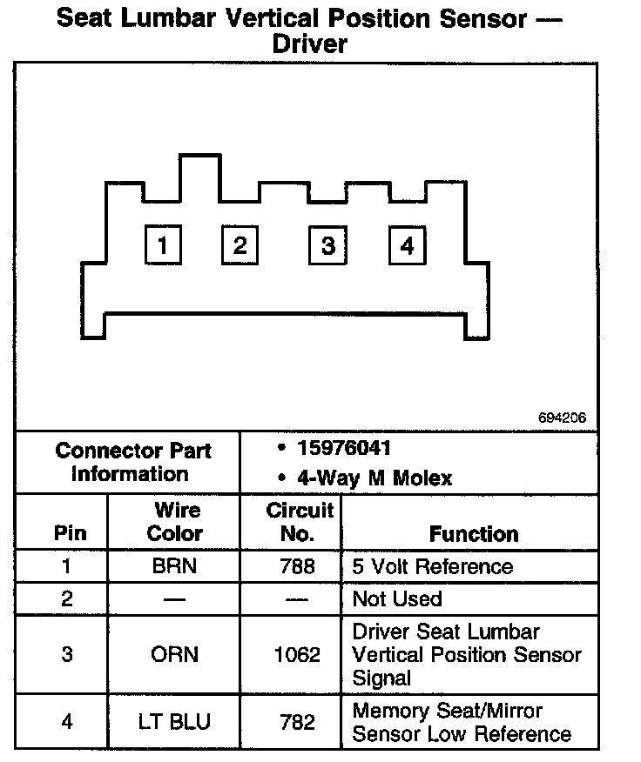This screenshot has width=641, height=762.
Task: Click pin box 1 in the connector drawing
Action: [x=162, y=245]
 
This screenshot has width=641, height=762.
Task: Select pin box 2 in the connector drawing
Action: [x=240, y=245]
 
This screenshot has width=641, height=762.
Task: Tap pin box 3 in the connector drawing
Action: [x=327, y=245]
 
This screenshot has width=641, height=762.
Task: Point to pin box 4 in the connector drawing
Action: [x=407, y=245]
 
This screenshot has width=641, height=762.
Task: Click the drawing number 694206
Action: [x=562, y=418]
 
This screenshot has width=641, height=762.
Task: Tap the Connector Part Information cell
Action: [x=132, y=462]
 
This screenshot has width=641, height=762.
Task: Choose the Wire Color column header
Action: [x=174, y=522]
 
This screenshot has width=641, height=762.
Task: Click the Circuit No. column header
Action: [x=299, y=522]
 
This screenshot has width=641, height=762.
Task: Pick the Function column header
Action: [x=473, y=533]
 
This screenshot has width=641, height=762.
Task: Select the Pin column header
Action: [x=70, y=533]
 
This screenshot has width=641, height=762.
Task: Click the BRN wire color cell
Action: [x=174, y=567]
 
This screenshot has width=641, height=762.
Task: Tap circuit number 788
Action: [x=298, y=567]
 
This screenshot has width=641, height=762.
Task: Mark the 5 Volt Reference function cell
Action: [x=432, y=567]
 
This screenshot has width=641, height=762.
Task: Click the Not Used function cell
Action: [x=397, y=598]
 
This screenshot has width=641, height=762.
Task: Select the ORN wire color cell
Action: [x=174, y=654]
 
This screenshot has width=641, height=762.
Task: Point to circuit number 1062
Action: [x=298, y=654]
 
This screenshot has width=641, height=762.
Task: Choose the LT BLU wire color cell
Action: [x=174, y=721]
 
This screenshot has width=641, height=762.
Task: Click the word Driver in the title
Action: [x=309, y=44]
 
